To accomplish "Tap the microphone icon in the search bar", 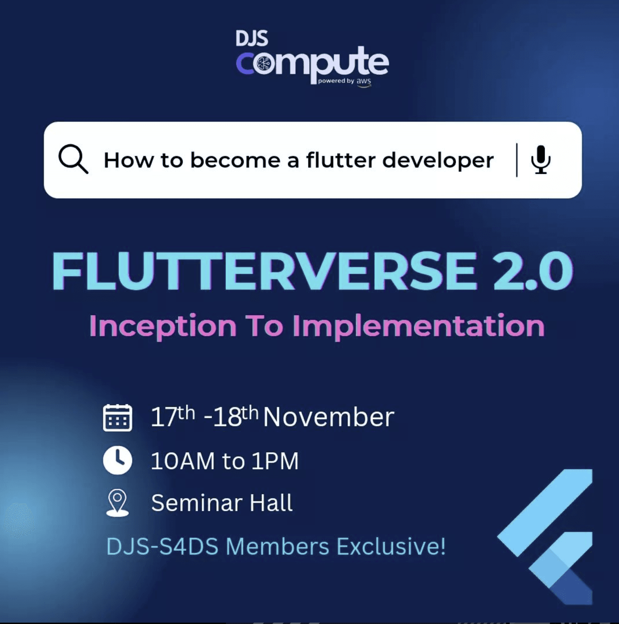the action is click(x=541, y=159).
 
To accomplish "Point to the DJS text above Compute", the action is click(x=252, y=38).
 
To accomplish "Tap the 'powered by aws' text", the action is click(x=344, y=81).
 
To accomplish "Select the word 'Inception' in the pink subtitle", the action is click(x=163, y=327).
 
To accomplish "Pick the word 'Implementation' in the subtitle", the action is click(x=419, y=327).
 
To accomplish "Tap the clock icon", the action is click(x=117, y=460).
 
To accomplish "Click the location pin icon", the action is click(x=117, y=503).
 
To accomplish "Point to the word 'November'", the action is click(x=329, y=417).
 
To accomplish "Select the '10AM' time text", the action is click(x=183, y=461).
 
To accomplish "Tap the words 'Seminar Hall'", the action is click(x=222, y=503).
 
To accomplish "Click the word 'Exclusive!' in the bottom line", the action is click(x=391, y=547).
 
